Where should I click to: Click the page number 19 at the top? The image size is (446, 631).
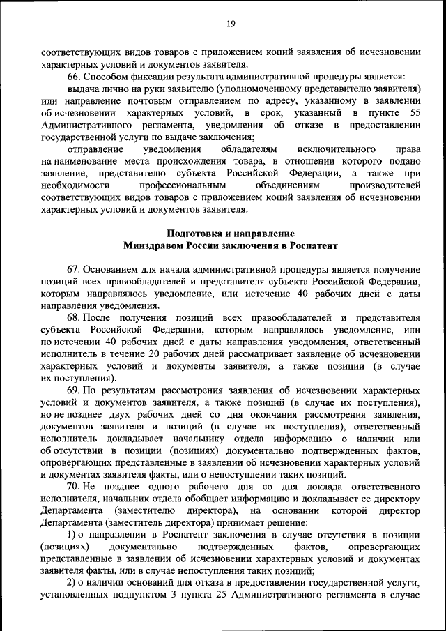coord(231,24)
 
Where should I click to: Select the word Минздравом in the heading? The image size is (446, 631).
coord(153,245)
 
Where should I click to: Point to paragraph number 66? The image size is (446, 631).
coord(73,76)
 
